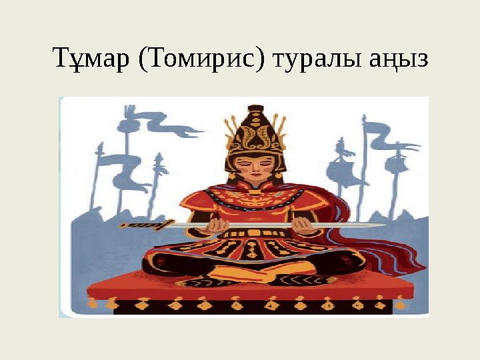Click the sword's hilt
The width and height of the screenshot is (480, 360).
click(143, 225)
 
